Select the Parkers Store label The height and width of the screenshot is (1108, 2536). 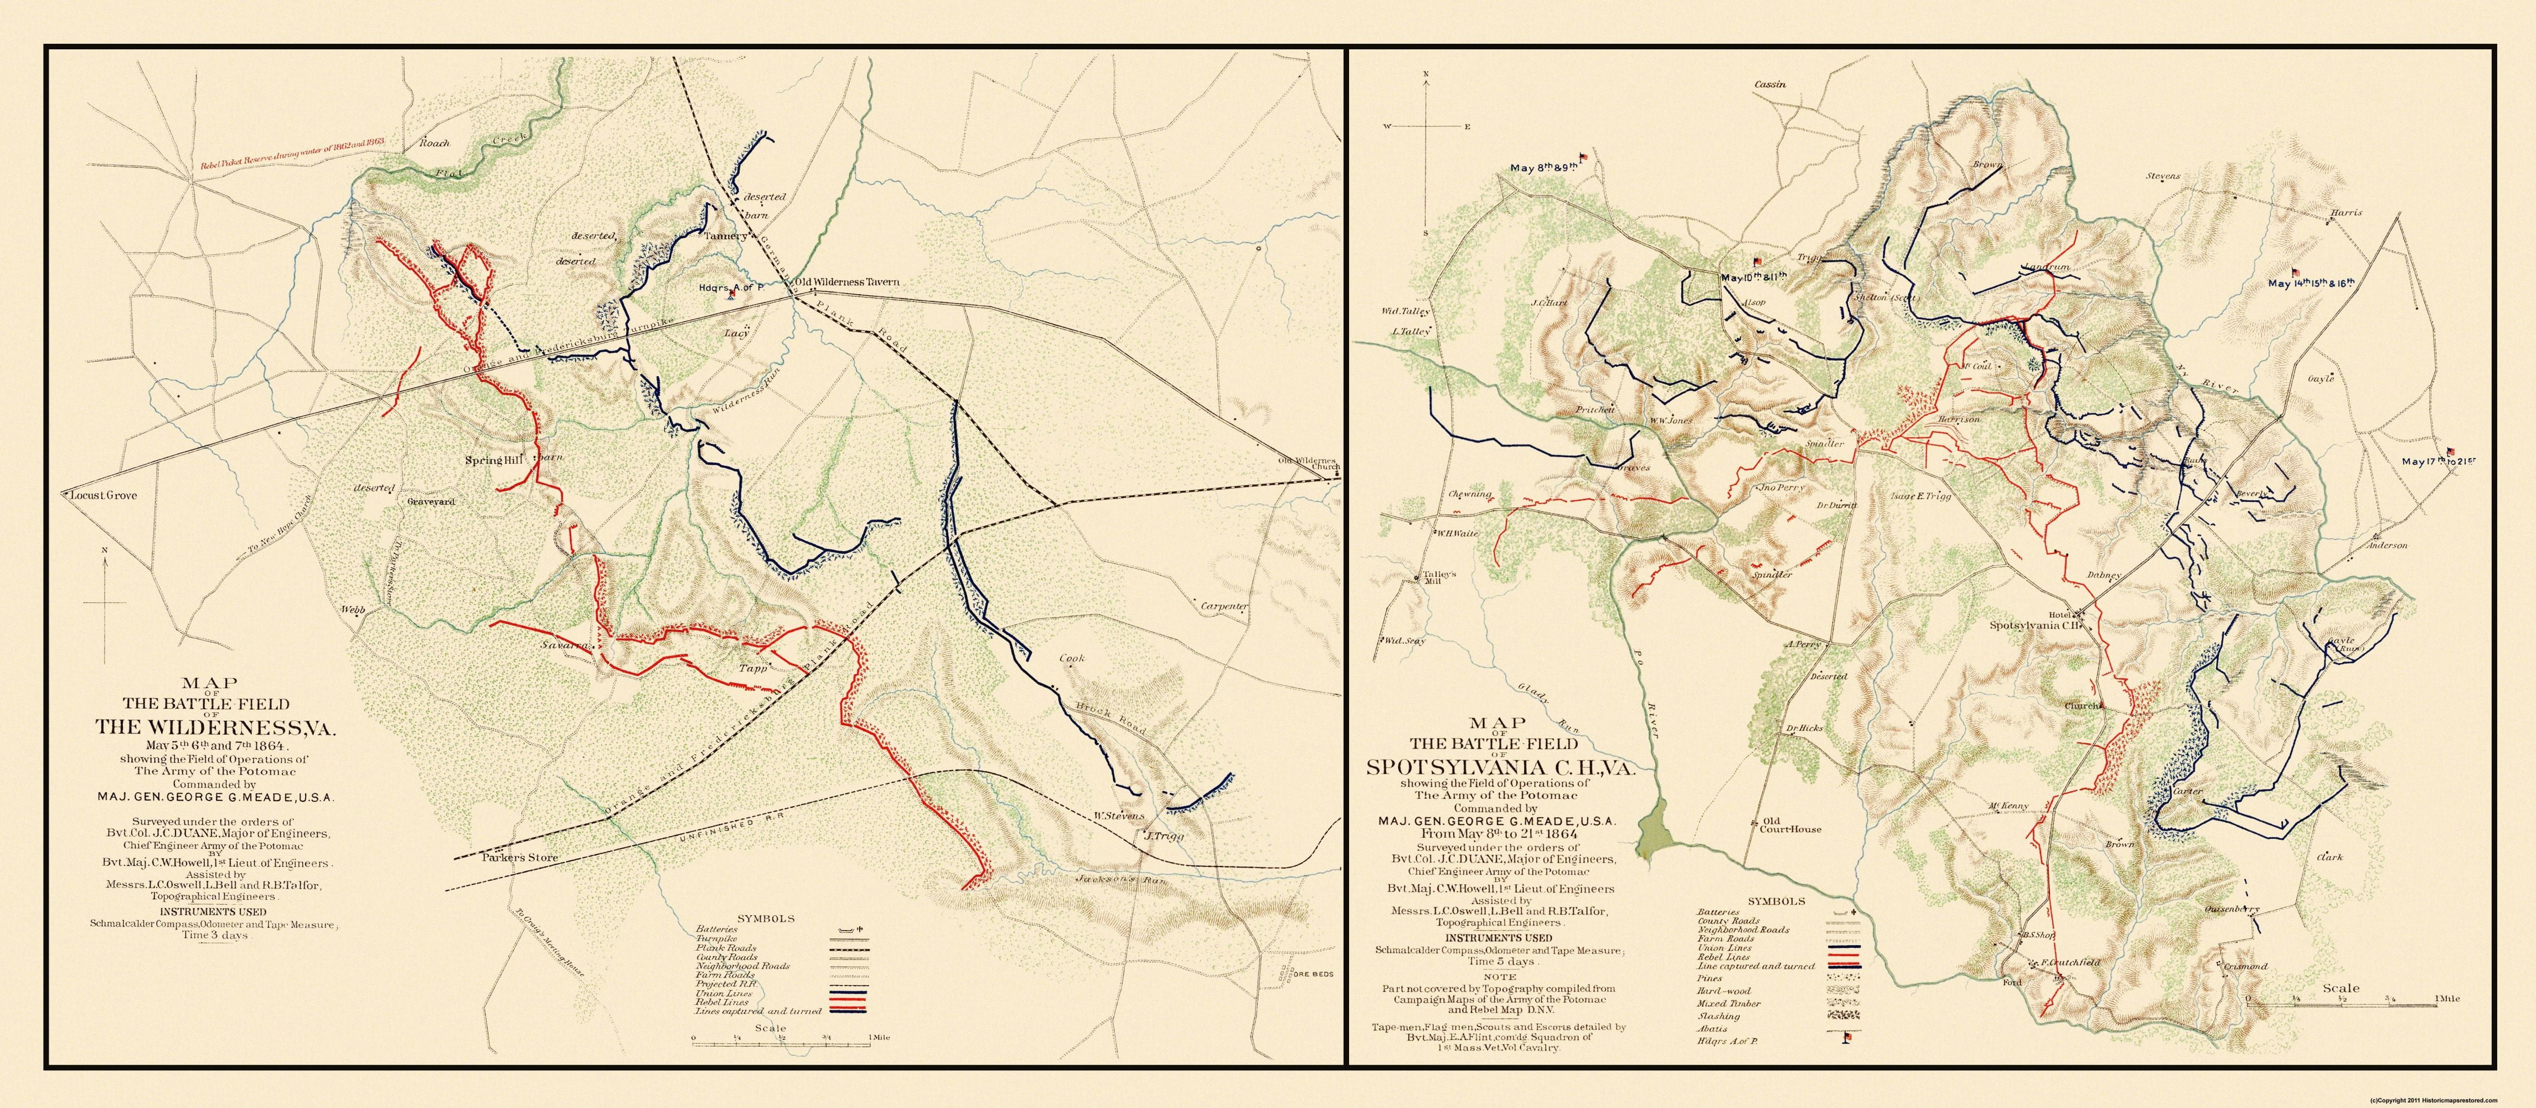coord(520,857)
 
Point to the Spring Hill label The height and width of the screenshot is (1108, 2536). coord(492,460)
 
